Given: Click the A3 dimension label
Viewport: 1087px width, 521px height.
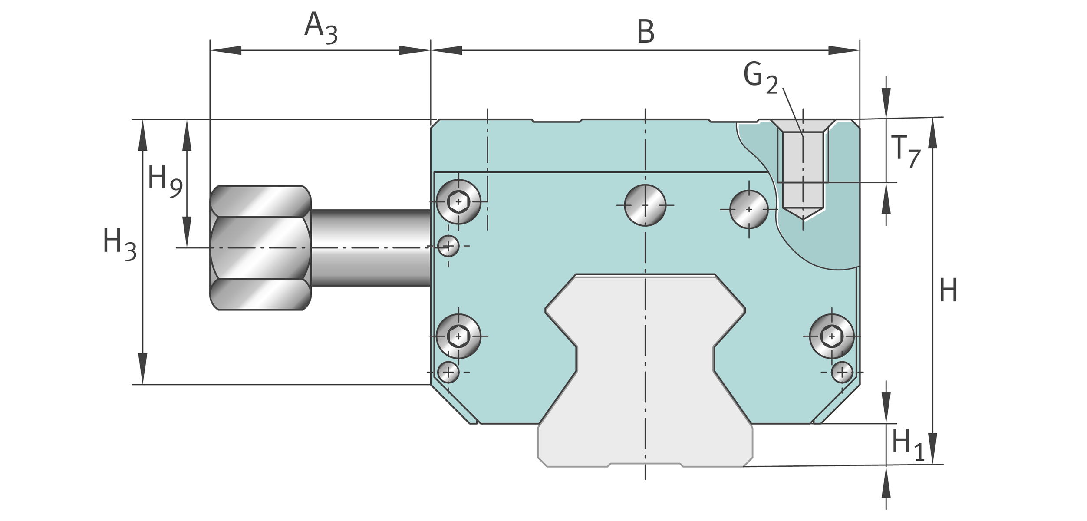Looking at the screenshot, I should pos(321,29).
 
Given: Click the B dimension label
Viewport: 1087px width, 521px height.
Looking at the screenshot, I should pos(646,32).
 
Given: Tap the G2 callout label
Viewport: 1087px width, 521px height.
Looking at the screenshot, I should pos(760,77).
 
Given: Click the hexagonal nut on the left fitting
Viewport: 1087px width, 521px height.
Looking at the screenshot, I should pos(260,248).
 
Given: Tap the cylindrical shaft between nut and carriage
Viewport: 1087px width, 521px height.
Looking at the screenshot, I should pos(371,248).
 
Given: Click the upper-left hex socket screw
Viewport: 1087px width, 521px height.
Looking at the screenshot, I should pos(458,202).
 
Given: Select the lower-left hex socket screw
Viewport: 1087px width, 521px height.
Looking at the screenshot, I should pos(458,336).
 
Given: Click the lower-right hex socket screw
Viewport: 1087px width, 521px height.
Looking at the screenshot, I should pos(832,336).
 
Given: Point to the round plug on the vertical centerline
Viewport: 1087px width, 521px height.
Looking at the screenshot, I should pos(645,205).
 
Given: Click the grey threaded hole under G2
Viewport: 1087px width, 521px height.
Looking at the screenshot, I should pos(803,174).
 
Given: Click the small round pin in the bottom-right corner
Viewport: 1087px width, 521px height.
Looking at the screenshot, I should pos(842,372).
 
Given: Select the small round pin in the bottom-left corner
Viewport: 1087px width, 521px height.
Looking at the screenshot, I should pos(448,372).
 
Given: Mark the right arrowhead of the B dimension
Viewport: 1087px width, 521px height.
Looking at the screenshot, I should pos(844,50).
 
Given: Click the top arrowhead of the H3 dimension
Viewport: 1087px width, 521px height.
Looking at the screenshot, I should pos(143,135).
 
